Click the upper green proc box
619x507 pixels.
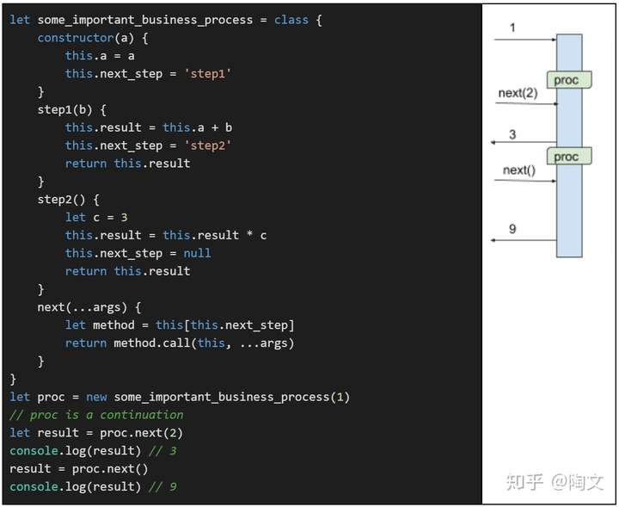coord(567,80)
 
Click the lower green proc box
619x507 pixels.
coord(567,156)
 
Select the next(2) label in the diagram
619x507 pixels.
coord(518,93)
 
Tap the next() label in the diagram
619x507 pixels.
coord(518,170)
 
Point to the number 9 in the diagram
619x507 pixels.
coord(512,229)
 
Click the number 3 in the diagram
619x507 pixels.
coord(512,134)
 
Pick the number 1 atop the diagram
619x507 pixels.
coord(512,28)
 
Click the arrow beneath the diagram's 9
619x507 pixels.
coord(524,241)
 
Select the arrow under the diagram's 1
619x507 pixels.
coord(525,40)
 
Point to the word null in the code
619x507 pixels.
coord(197,253)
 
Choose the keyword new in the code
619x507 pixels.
coord(96,397)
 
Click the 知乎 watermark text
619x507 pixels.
coord(524,482)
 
